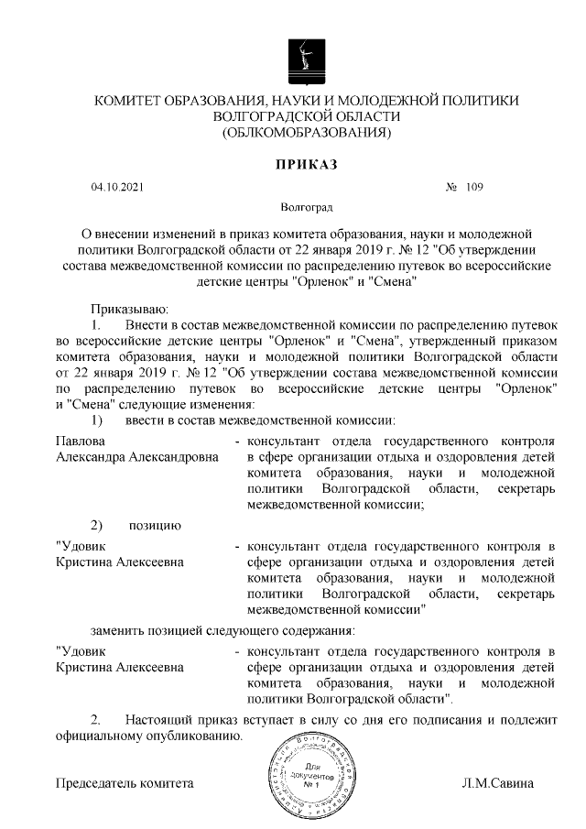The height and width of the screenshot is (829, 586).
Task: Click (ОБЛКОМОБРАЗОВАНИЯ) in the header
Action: [307, 134]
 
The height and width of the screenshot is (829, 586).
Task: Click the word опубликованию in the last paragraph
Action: [196, 735]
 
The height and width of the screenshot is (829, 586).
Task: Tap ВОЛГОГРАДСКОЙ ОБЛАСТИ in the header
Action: [307, 116]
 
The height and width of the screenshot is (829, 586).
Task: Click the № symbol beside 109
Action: [450, 188]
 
